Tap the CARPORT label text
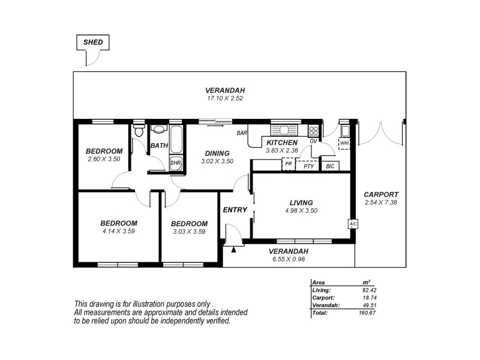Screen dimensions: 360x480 click(380, 194)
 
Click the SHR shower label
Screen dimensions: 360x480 click(176, 163)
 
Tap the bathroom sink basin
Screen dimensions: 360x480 click(159, 129)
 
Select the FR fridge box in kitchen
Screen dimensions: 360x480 click(289, 164)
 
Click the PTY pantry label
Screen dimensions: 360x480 click(308, 166)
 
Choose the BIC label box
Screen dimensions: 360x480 click(331, 166)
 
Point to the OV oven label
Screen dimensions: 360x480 click(313, 141)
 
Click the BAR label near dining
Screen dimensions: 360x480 click(242, 133)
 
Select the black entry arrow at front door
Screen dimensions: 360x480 click(233, 248)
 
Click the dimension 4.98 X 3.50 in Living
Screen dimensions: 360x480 click(301, 211)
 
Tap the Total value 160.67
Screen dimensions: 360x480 click(376, 313)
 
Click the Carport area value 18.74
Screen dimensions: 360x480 click(377, 297)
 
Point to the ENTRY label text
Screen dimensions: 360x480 click(235, 210)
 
